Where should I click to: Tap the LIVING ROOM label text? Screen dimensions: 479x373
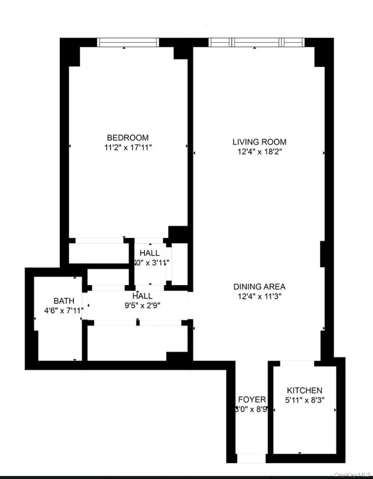(x=259, y=142)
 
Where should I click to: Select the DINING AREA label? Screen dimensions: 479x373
(x=259, y=287)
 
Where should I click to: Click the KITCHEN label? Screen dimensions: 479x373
(x=304, y=390)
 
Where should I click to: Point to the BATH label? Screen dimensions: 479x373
(x=64, y=301)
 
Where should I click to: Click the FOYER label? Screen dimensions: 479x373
(x=251, y=400)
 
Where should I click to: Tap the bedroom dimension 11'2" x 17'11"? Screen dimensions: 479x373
(x=128, y=147)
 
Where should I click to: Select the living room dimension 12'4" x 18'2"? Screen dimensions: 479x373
(x=259, y=152)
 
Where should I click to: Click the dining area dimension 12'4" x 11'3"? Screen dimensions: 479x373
(x=259, y=296)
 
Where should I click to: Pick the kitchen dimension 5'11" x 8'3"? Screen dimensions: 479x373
(x=304, y=400)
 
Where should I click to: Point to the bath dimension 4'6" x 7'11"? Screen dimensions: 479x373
(x=64, y=311)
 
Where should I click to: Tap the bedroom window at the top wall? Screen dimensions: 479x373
(x=128, y=43)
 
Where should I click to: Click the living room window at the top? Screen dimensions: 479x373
(x=254, y=43)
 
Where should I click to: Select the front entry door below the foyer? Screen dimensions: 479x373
(x=251, y=458)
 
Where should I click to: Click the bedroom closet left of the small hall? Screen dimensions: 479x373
(x=97, y=252)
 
